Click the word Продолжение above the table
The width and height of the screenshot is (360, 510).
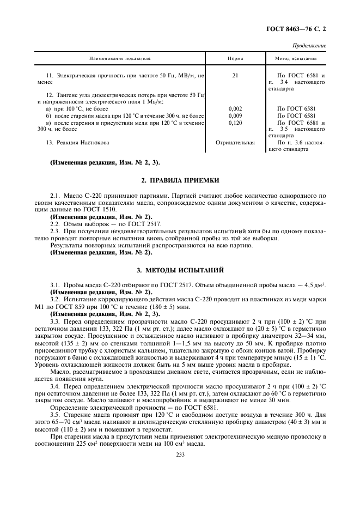pyautogui.click(x=309, y=46)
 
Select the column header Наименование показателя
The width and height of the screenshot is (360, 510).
pyautogui.click(x=120, y=58)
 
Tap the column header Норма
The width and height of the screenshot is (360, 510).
pyautogui.click(x=235, y=58)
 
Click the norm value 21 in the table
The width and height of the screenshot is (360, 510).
pyautogui.click(x=235, y=75)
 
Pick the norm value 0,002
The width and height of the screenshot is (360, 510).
pyautogui.click(x=235, y=109)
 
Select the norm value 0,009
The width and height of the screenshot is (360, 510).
pyautogui.click(x=235, y=116)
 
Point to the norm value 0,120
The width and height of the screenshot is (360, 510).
pyautogui.click(x=235, y=123)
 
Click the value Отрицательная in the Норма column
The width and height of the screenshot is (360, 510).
pyautogui.click(x=235, y=143)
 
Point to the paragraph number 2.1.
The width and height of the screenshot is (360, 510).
pyautogui.click(x=55, y=195)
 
